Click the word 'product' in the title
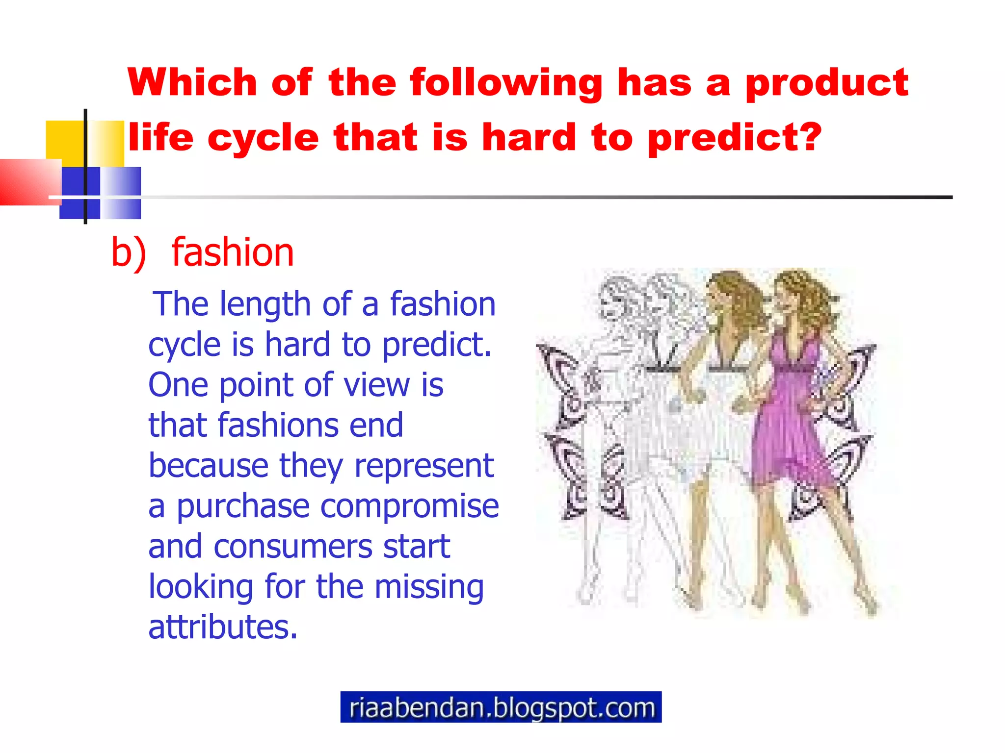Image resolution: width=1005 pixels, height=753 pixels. coord(826,83)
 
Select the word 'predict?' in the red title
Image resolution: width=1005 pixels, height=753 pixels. coord(734,138)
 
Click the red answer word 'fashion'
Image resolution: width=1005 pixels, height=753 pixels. coord(233,252)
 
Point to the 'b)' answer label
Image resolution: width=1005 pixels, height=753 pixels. coord(129,252)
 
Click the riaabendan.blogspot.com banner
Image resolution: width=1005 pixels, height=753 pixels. coord(501,707)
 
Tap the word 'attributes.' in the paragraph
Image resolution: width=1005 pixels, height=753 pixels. coord(223,627)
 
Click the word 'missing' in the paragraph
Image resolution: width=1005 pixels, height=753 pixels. coord(429,587)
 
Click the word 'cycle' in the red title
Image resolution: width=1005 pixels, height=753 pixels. coord(263,138)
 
